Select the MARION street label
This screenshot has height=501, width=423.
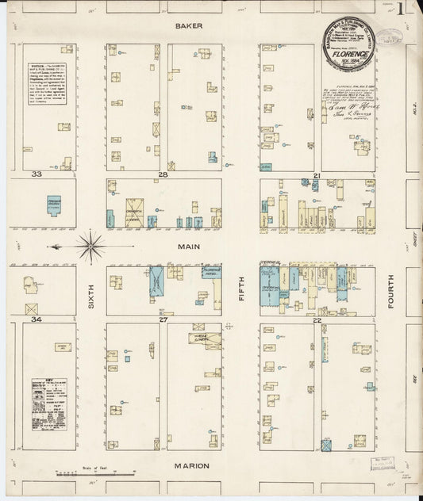[x=190, y=465]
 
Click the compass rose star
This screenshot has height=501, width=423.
[x=92, y=245]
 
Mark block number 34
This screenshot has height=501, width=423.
[x=36, y=319]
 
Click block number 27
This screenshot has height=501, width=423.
[x=163, y=319]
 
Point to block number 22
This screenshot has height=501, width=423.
[x=317, y=319]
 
